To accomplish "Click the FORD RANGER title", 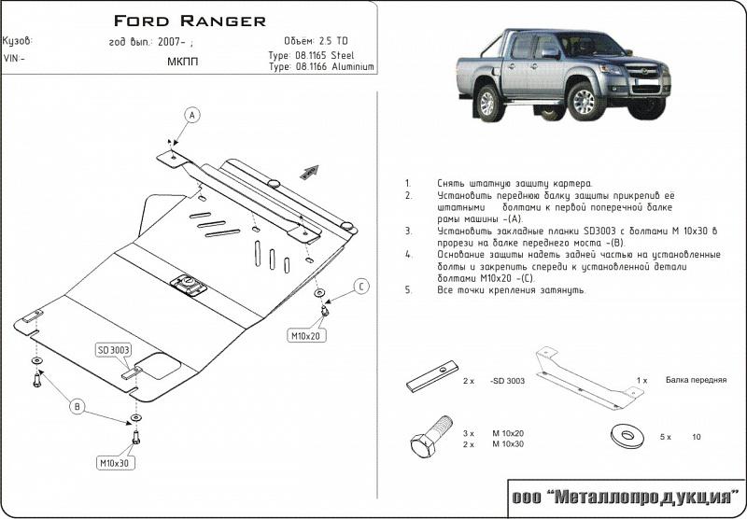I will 190,20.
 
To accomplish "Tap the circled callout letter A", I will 192,115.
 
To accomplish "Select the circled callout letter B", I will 78,406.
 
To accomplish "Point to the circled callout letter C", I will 361,287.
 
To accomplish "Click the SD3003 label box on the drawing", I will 114,350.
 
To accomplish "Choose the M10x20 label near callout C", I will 305,335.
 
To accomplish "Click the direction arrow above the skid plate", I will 309,171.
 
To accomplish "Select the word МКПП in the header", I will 182,62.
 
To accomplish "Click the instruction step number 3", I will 408,230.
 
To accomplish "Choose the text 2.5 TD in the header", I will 332,41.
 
